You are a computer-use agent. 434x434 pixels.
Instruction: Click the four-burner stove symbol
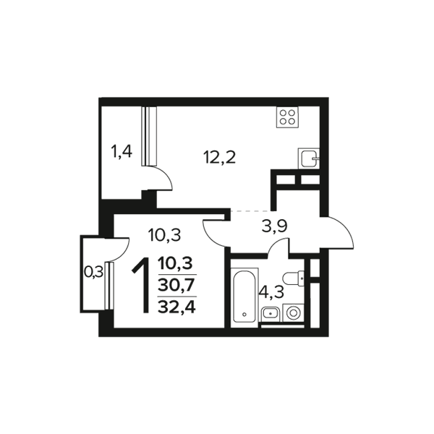[288, 117]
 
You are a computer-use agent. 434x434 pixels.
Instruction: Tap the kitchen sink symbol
[309, 158]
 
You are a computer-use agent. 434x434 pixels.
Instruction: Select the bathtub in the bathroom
[244, 295]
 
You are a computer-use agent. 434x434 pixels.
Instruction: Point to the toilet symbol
[294, 278]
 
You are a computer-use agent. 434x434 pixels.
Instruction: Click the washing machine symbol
[294, 312]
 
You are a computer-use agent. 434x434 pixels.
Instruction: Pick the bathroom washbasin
[271, 314]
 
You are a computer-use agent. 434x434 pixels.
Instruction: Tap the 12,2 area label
[219, 158]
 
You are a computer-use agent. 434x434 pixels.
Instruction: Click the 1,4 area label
[122, 152]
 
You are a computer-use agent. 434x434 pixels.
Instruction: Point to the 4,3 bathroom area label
[273, 292]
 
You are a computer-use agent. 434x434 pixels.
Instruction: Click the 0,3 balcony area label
[93, 273]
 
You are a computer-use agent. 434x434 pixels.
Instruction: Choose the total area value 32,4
[177, 307]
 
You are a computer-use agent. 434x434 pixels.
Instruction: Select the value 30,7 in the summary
[176, 285]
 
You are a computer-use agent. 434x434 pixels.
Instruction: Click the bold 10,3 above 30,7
[175, 263]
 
